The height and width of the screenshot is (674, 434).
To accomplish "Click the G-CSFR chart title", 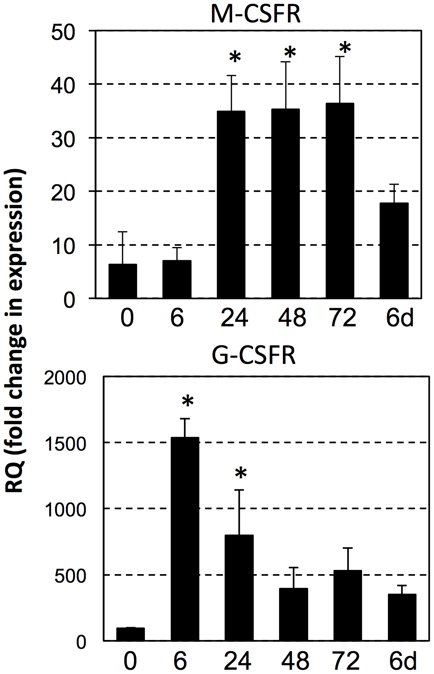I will point(254,355).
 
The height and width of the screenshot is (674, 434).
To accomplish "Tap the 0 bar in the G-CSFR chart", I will point(131,634).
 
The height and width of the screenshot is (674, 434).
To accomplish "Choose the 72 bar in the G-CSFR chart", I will point(348,605).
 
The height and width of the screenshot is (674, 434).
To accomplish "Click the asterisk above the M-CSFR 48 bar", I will point(290,53).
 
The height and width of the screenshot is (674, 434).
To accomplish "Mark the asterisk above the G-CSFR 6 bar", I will point(188,401).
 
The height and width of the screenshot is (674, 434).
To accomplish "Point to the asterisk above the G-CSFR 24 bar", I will point(241,473).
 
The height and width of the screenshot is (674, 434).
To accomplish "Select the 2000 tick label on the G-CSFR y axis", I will point(65,378).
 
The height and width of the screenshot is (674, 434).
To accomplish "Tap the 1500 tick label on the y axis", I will point(65,444).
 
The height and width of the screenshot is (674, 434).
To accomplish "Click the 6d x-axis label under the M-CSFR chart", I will point(400,318).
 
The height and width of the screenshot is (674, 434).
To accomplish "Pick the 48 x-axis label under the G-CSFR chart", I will point(296,661).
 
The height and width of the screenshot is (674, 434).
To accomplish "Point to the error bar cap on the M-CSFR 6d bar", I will point(394,184).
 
